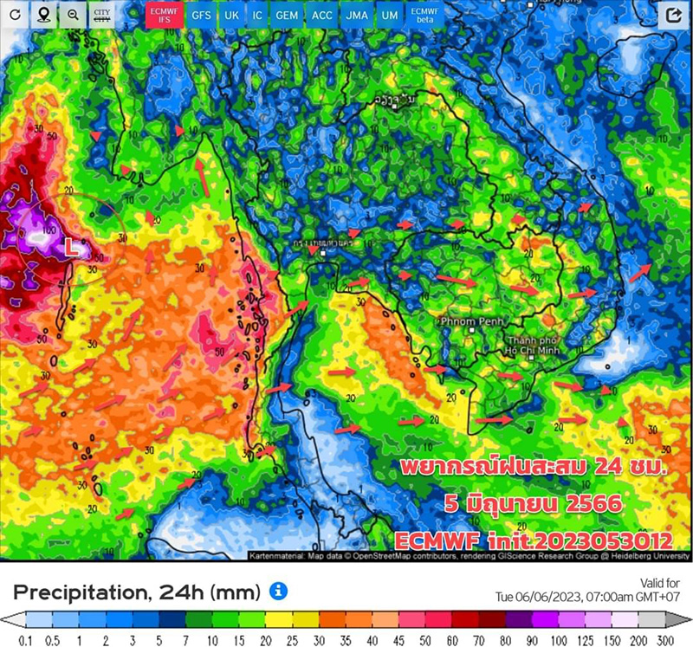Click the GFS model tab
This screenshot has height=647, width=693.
(x=201, y=16)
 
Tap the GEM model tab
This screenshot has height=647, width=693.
(x=286, y=16)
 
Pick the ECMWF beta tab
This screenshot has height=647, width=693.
(x=424, y=16)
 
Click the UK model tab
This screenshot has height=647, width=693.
(x=231, y=16)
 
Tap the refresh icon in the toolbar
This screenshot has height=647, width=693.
(x=15, y=16)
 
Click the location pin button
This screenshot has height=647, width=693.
(x=43, y=16)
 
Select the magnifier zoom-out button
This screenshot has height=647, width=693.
(x=73, y=16)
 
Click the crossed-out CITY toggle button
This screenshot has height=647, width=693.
(x=102, y=16)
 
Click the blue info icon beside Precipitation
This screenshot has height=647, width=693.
(x=278, y=592)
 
